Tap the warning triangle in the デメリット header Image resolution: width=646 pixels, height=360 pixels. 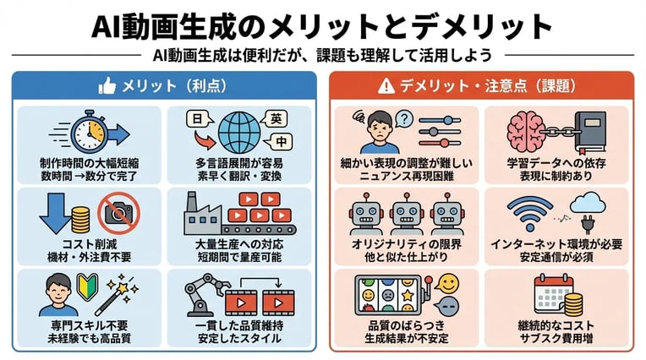point(386,85)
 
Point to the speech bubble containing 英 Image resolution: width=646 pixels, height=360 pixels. point(276,118)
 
